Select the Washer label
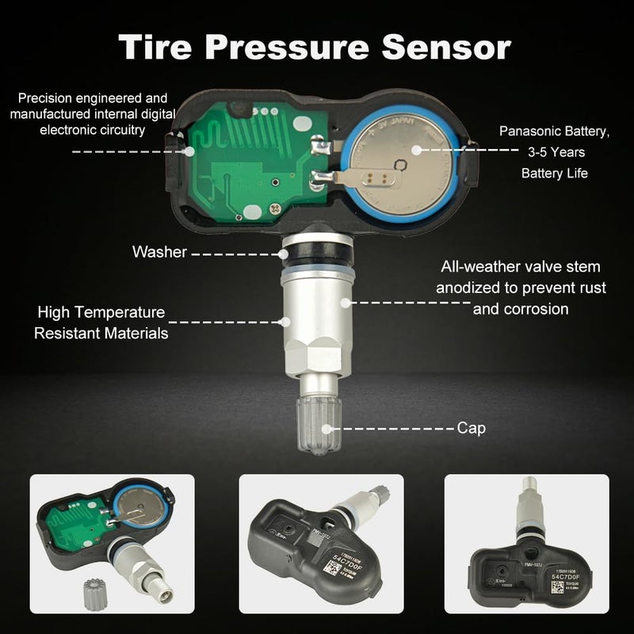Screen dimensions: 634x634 (x=159, y=253)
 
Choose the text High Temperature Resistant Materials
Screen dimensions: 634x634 (x=101, y=323)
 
